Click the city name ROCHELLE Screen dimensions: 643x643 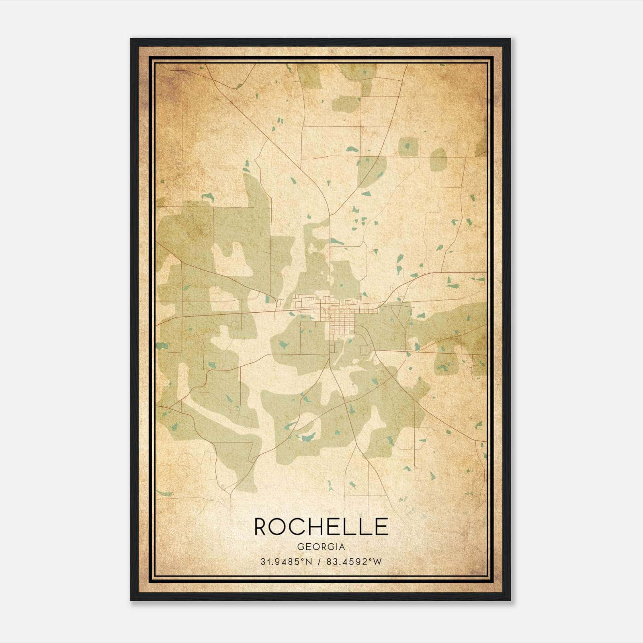[x=321, y=526]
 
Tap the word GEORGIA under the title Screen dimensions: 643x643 [x=321, y=547]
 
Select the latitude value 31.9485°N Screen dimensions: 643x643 [x=286, y=561]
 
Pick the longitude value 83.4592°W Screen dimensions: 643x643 [x=354, y=561]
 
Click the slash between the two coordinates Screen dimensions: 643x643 [x=319, y=561]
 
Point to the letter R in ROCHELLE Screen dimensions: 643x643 [x=261, y=526]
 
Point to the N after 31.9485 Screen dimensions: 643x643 [x=309, y=561]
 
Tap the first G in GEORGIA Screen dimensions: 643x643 [x=301, y=547]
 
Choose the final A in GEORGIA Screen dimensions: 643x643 [x=342, y=547]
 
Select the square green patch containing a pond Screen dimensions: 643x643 [x=408, y=147]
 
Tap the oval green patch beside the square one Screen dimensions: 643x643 [x=438, y=159]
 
